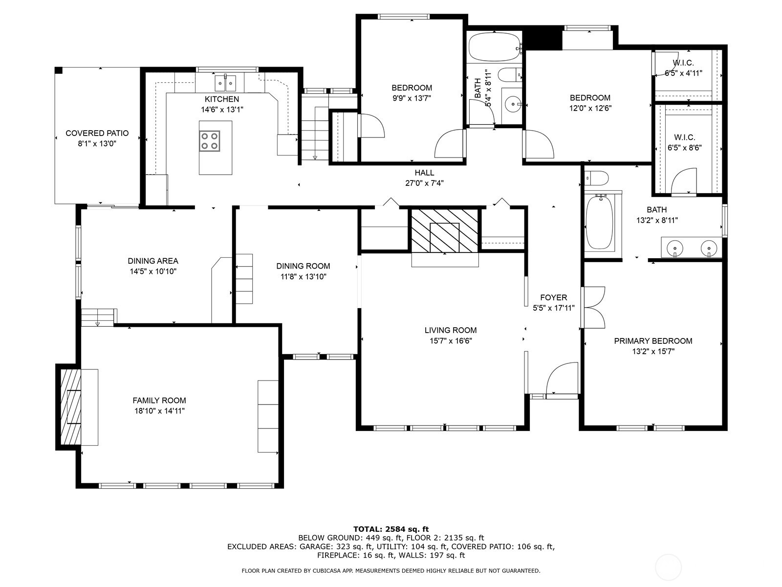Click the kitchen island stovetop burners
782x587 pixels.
210,141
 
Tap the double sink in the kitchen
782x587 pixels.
225,83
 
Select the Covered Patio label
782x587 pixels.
97,133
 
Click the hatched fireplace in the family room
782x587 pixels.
70,406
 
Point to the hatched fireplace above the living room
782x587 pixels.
445,230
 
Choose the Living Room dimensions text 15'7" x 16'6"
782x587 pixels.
451,341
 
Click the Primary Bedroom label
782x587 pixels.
653,341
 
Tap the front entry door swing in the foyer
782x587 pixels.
562,379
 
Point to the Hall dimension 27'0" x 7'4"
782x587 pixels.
424,183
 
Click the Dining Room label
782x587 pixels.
303,266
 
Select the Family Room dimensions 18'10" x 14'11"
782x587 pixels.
159,411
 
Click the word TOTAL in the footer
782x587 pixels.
368,529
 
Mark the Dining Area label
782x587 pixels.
153,261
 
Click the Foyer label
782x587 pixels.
554,297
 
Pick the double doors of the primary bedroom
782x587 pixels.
593,307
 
